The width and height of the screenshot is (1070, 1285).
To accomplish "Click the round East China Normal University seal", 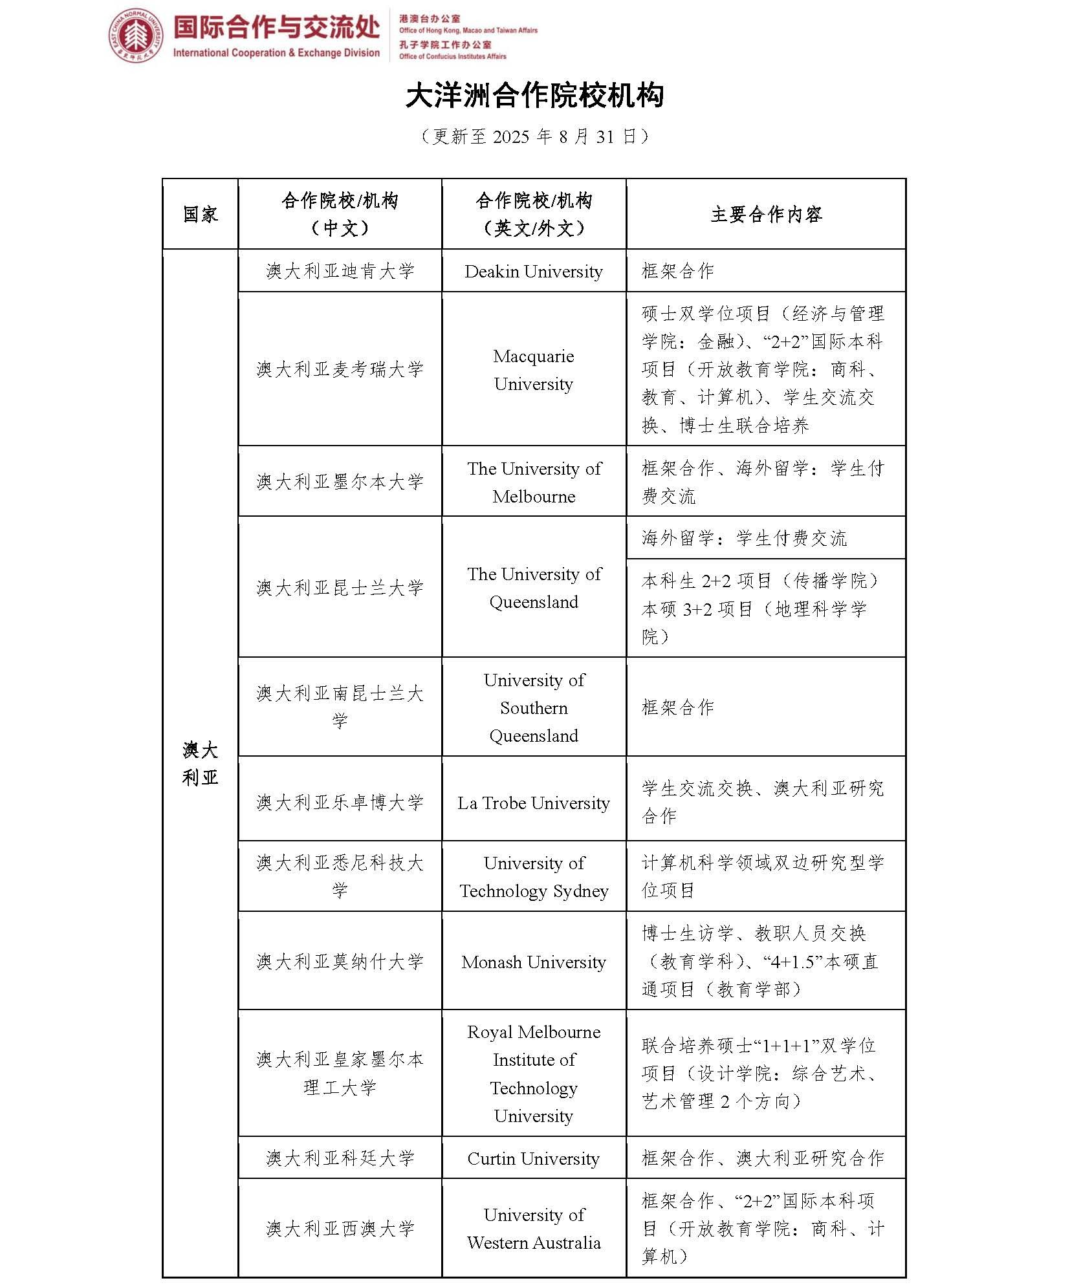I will click(x=135, y=36).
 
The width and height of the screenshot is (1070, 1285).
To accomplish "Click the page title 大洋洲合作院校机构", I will click(x=534, y=96).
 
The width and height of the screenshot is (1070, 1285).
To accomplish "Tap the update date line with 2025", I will click(x=534, y=136).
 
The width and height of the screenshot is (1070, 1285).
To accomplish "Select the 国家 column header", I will click(x=201, y=214).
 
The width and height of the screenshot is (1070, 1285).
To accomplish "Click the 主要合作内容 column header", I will click(x=766, y=214).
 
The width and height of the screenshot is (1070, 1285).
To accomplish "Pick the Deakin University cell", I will click(x=534, y=272).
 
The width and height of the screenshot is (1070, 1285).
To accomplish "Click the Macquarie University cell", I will click(x=534, y=369).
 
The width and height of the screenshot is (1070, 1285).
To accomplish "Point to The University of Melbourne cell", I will click(x=534, y=482).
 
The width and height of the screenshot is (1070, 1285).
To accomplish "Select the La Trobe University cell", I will click(x=534, y=803).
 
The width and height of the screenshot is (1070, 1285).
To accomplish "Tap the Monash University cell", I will click(x=534, y=962).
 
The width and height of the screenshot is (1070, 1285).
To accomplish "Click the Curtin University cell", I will click(x=534, y=1158).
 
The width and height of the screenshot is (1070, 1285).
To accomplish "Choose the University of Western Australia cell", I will click(x=534, y=1228).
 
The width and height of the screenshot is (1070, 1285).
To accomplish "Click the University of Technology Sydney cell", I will click(x=534, y=876).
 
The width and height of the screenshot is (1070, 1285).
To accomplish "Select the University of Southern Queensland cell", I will click(x=534, y=707).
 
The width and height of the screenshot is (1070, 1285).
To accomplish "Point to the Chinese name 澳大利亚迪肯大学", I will click(x=340, y=271).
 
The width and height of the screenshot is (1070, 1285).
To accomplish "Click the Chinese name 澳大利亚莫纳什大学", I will click(x=340, y=962).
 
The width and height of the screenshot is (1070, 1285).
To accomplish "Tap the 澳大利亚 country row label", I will click(x=201, y=764).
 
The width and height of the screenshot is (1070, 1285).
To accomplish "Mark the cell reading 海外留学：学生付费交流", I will click(x=744, y=538).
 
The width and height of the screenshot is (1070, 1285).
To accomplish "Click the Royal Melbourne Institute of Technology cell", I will click(x=534, y=1074).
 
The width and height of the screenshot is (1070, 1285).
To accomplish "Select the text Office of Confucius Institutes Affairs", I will click(x=452, y=56).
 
